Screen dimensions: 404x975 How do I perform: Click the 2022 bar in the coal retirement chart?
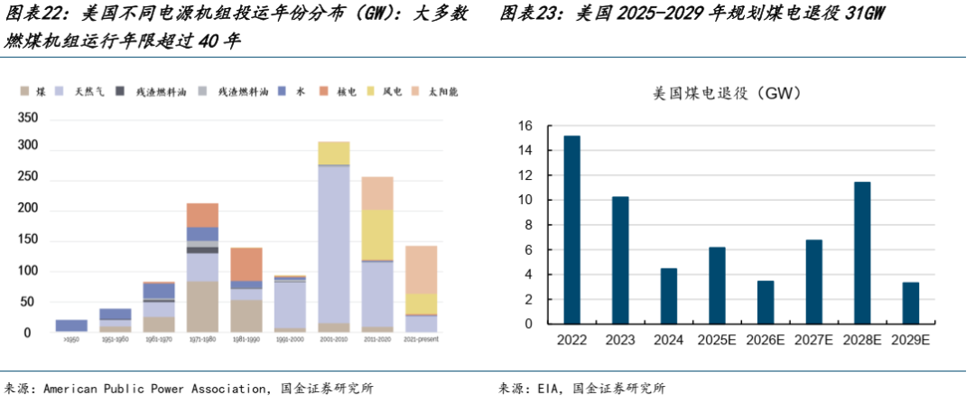tap(571, 230)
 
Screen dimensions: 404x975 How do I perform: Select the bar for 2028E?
tap(862, 253)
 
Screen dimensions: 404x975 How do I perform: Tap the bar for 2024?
tap(668, 296)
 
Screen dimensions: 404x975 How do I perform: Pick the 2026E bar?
tap(766, 302)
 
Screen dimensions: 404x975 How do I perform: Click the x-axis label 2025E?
tap(717, 341)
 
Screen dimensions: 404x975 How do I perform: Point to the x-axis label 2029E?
tap(911, 341)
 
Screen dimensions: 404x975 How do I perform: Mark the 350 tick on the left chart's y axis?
tap(28, 118)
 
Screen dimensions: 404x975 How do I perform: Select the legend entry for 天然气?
tap(88, 91)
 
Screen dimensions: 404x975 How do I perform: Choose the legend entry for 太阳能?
tap(442, 91)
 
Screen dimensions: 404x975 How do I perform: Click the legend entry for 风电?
tap(393, 91)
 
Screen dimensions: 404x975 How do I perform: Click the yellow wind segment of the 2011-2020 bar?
tap(376, 235)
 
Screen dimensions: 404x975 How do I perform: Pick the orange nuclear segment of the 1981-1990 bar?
tap(246, 264)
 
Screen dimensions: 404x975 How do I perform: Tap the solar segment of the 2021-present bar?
tap(421, 269)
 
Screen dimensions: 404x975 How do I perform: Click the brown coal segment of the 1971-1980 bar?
tap(202, 307)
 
